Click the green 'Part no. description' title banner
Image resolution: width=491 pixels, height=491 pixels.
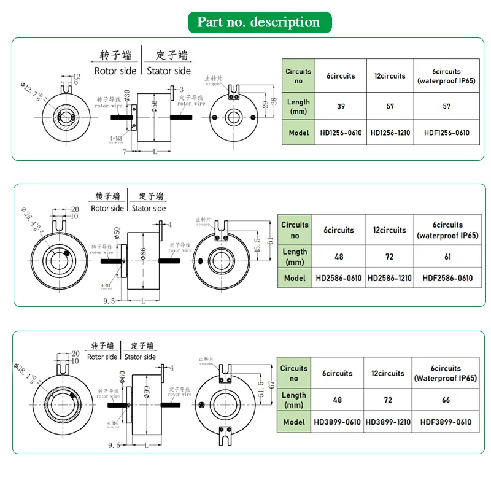point(258,23)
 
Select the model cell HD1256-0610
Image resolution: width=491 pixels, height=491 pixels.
point(341,133)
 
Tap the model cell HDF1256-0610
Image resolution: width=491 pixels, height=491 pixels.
point(446,133)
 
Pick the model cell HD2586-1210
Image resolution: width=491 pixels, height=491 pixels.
point(390,278)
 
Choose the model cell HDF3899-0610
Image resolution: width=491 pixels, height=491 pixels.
point(446,422)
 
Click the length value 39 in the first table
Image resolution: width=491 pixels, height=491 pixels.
point(341,106)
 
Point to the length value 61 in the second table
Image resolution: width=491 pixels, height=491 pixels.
point(447,256)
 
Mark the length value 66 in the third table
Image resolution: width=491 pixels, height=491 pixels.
point(446,400)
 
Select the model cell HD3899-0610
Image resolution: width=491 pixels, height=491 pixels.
point(338,422)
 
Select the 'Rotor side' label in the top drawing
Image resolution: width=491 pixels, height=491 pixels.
point(115,71)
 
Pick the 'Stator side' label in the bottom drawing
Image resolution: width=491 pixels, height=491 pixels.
point(140,357)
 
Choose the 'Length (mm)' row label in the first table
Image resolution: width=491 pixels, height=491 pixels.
point(298,106)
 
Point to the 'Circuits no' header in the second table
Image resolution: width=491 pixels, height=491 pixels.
point(295,230)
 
